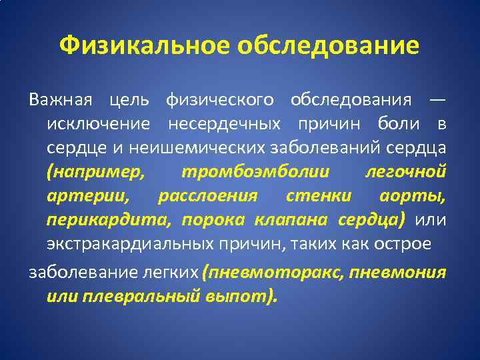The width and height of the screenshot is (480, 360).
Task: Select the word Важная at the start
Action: click(59, 100)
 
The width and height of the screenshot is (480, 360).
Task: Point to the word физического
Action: click(219, 100)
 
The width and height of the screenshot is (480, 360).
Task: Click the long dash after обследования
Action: click(437, 100)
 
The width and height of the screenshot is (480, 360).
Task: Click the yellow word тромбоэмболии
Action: click(255, 172)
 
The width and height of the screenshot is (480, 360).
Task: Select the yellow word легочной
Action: click(406, 172)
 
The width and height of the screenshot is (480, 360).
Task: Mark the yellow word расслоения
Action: click(207, 196)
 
